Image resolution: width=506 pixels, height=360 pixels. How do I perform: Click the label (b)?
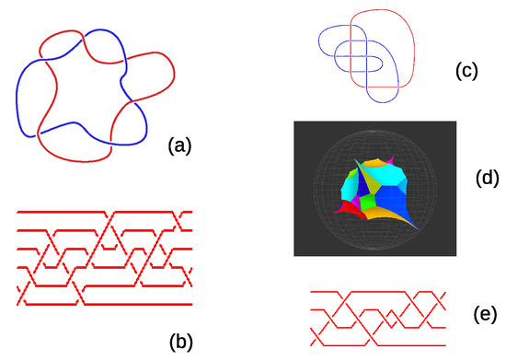click(x=179, y=342)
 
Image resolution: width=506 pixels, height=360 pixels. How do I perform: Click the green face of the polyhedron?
click(x=365, y=200)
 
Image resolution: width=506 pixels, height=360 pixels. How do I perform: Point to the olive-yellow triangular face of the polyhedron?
click(x=380, y=178)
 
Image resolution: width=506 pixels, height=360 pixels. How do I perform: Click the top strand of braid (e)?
click(x=368, y=293)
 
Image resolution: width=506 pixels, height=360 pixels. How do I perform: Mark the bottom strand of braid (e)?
click(x=368, y=340)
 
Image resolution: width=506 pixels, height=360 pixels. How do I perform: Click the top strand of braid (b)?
click(x=138, y=211)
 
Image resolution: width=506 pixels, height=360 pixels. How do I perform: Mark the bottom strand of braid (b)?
click(x=138, y=303)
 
